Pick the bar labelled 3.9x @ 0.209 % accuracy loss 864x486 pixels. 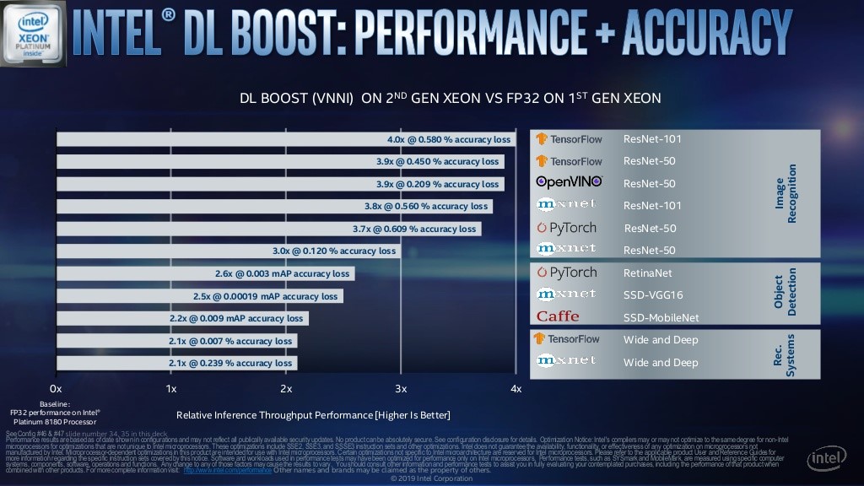point(279,184)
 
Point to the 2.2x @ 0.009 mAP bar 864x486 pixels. point(181,318)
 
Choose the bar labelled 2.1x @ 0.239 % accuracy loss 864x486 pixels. point(176,363)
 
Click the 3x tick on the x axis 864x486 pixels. point(401,388)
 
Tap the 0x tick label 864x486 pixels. point(56,388)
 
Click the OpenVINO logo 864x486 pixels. point(570,181)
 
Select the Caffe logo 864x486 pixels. point(558,316)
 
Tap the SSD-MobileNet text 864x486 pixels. point(661,318)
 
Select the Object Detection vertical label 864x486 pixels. point(785,295)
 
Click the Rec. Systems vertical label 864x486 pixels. point(785,352)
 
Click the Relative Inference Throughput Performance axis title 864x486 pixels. point(313,415)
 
